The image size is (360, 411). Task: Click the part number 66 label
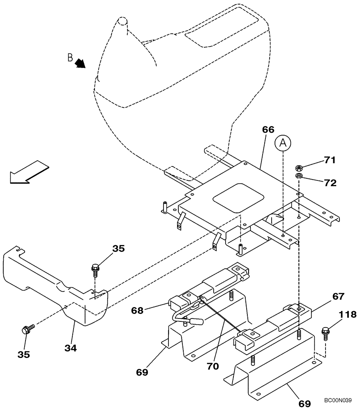point(268,129)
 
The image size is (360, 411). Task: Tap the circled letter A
point(283,144)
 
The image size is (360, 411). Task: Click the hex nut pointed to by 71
point(300,168)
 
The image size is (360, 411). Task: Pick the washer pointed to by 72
point(300,176)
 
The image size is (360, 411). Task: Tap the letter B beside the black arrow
point(70,58)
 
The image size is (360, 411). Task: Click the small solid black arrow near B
point(80,63)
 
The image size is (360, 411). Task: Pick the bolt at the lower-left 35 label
point(28,329)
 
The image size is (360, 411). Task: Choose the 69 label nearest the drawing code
point(304,403)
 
